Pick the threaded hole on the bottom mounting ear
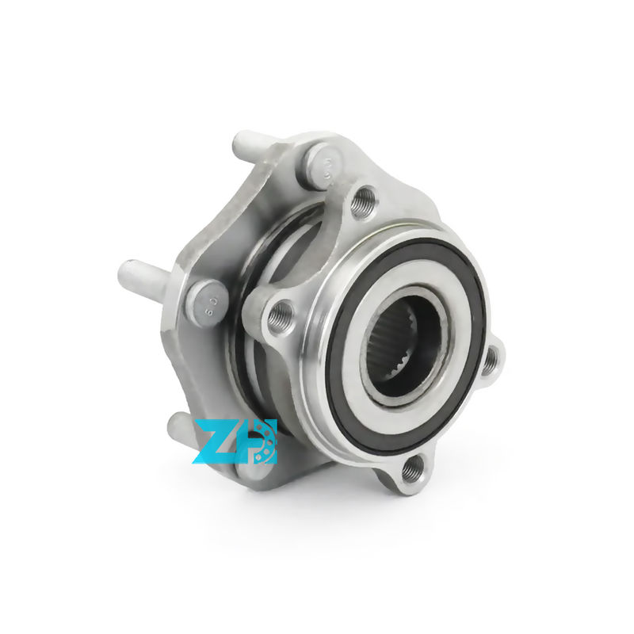[x=410, y=471]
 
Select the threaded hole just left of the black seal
[x=280, y=316]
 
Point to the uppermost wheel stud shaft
[x=254, y=148]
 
